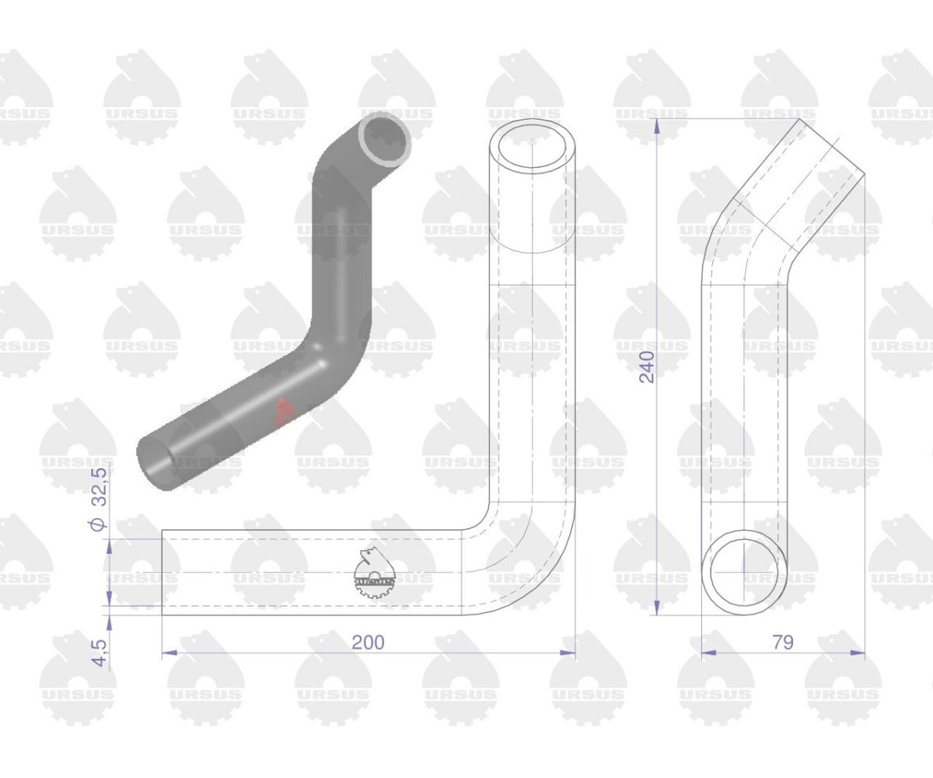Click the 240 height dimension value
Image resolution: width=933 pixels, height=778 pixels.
click(x=647, y=366)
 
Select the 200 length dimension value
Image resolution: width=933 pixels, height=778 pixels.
click(x=369, y=643)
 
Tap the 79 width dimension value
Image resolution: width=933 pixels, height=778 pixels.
click(x=783, y=643)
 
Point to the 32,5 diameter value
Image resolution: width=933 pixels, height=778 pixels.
click(x=100, y=487)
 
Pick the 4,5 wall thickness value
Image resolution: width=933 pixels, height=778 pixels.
click(x=102, y=654)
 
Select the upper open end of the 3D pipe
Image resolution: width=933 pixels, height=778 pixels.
click(x=385, y=139)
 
